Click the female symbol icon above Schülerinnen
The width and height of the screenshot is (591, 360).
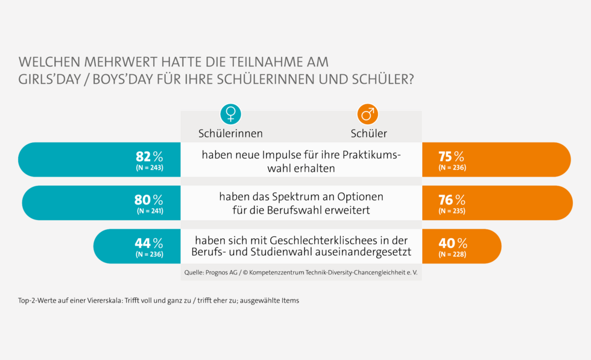tap(230, 114)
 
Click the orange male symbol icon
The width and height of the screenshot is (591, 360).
tap(367, 114)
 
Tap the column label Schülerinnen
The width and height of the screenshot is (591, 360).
tap(230, 133)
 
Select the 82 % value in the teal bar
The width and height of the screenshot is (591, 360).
tap(149, 157)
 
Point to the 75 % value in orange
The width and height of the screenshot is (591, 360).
tap(451, 157)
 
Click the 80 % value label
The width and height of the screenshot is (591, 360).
tap(149, 200)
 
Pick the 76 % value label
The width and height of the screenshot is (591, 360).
tap(452, 200)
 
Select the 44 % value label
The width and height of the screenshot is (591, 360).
tap(148, 244)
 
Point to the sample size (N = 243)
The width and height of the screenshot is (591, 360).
tap(150, 167)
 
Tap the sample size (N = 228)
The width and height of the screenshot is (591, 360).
tap(452, 254)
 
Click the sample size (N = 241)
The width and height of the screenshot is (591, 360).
tap(150, 210)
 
